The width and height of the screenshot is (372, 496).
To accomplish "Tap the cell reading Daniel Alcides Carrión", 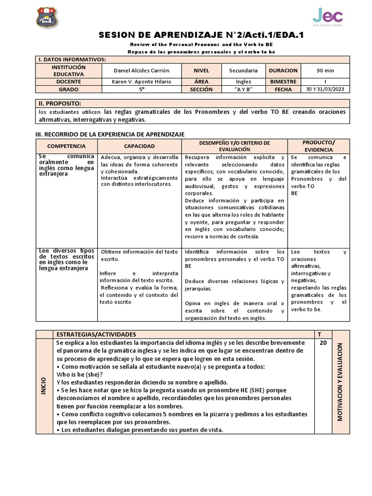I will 142,70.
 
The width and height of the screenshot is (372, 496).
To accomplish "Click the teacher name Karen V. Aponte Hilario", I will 142,82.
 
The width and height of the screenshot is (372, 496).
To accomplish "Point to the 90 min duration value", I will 325,70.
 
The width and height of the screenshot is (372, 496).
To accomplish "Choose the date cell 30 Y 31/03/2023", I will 325,90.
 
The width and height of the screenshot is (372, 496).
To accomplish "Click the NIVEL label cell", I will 201,70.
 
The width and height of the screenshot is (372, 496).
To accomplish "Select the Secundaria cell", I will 247,70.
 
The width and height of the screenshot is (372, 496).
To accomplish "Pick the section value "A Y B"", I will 247,90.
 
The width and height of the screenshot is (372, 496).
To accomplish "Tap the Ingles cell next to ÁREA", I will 247,82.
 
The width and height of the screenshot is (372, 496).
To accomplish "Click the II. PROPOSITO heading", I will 60,104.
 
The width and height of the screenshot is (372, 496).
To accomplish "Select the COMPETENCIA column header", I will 67,146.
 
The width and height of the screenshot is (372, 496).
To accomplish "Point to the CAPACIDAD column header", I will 139,146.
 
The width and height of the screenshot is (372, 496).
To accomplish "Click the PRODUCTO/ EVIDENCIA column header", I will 318,145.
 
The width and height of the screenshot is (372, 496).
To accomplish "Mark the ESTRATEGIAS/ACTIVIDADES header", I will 96,334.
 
